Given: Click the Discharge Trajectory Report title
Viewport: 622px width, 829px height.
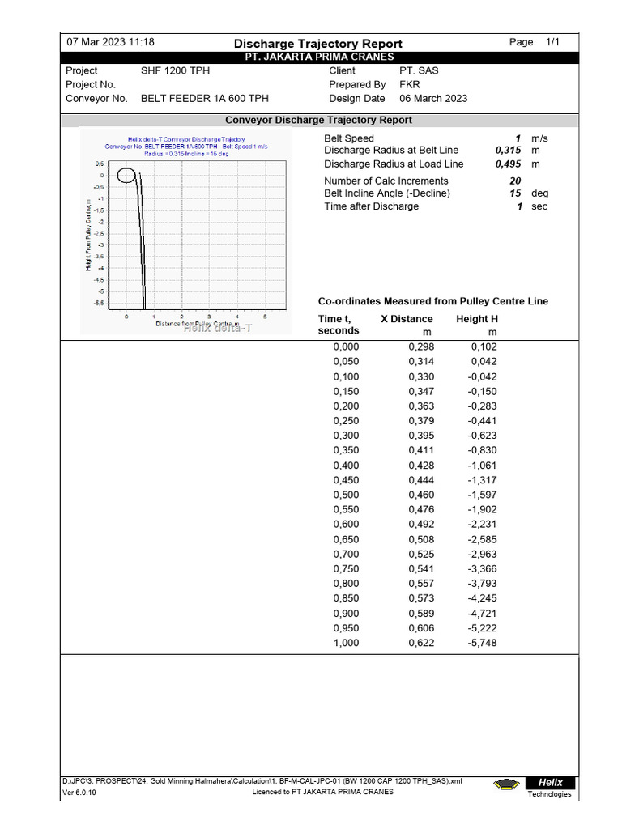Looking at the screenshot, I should [x=317, y=44].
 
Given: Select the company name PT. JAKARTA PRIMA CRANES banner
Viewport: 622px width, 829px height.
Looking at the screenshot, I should [x=319, y=57].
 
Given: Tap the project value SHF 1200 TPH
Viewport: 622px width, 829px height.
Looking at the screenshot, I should [x=175, y=71].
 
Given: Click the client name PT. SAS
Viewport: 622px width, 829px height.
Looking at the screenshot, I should [x=419, y=71].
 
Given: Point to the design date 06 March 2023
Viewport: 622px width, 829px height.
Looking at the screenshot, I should [x=433, y=99].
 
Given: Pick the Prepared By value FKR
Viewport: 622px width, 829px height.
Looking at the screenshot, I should [x=410, y=85].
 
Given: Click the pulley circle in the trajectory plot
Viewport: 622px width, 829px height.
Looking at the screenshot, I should [x=126, y=175].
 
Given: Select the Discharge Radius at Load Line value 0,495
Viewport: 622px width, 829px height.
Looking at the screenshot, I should [x=508, y=164].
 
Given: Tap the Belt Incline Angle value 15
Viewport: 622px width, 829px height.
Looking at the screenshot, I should [x=515, y=193].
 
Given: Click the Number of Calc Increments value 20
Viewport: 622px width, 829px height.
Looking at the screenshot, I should [x=515, y=181].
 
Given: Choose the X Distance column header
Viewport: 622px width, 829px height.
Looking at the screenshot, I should [x=407, y=319].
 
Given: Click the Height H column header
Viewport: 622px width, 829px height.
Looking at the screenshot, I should [x=477, y=319].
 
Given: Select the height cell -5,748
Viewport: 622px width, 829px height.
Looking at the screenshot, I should [x=482, y=643].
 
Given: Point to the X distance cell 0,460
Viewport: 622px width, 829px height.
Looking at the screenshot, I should [x=420, y=495].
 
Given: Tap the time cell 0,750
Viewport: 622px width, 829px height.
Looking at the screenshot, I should [x=346, y=569].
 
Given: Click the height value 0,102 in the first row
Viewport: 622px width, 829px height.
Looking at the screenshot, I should [x=484, y=346].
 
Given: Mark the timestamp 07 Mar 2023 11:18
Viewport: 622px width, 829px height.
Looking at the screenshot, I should [x=110, y=42].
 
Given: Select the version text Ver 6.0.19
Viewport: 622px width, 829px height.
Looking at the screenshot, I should [x=79, y=793].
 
